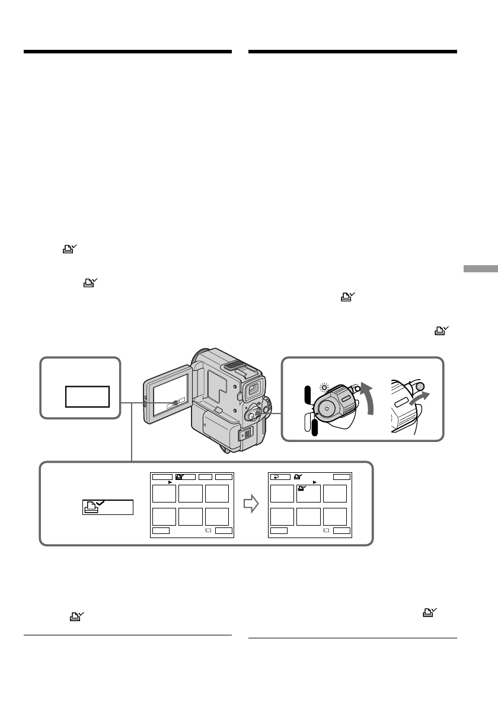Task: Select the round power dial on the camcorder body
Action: point(253,411)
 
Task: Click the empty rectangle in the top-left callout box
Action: point(87,396)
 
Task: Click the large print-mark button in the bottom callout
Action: point(107,507)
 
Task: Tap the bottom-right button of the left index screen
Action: point(224,530)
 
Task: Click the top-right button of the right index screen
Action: point(341,476)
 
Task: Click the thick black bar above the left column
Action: point(127,52)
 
